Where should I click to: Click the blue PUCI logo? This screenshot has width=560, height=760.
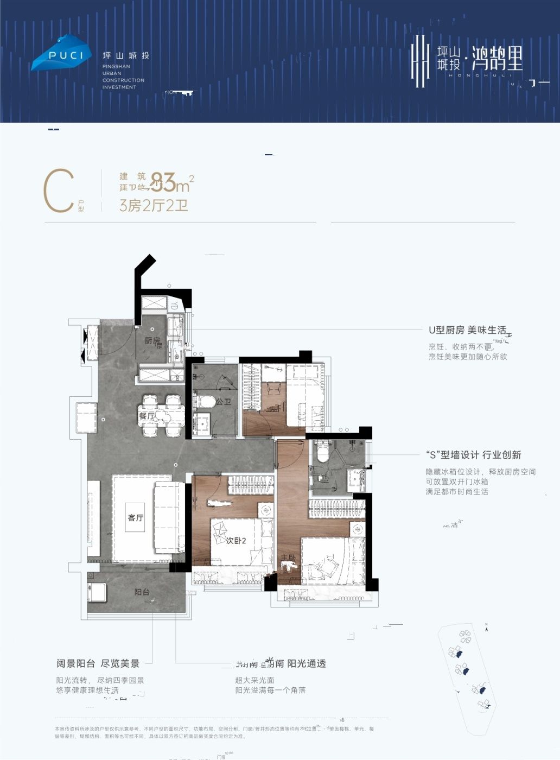pyautogui.click(x=60, y=53)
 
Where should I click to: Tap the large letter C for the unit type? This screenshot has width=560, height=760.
pyautogui.click(x=59, y=191)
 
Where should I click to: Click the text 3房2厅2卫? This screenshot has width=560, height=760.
pyautogui.click(x=154, y=206)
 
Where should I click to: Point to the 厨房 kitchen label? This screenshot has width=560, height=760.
pyautogui.click(x=152, y=341)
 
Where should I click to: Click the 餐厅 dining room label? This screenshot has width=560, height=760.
pyautogui.click(x=147, y=416)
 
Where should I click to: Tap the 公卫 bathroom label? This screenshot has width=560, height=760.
pyautogui.click(x=224, y=402)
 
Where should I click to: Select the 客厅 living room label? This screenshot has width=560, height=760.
pyautogui.click(x=136, y=517)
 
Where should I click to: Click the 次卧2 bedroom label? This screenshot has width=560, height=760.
pyautogui.click(x=236, y=541)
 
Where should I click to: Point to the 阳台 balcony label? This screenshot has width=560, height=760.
pyautogui.click(x=142, y=592)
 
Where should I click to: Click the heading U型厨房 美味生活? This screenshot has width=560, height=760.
pyautogui.click(x=467, y=330)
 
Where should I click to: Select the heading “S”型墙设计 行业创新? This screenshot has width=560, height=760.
pyautogui.click(x=473, y=455)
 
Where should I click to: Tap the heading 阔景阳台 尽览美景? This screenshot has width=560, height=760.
pyautogui.click(x=98, y=663)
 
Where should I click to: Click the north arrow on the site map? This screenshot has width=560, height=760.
pyautogui.click(x=488, y=628)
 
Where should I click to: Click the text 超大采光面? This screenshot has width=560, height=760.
pyautogui.click(x=254, y=680)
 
